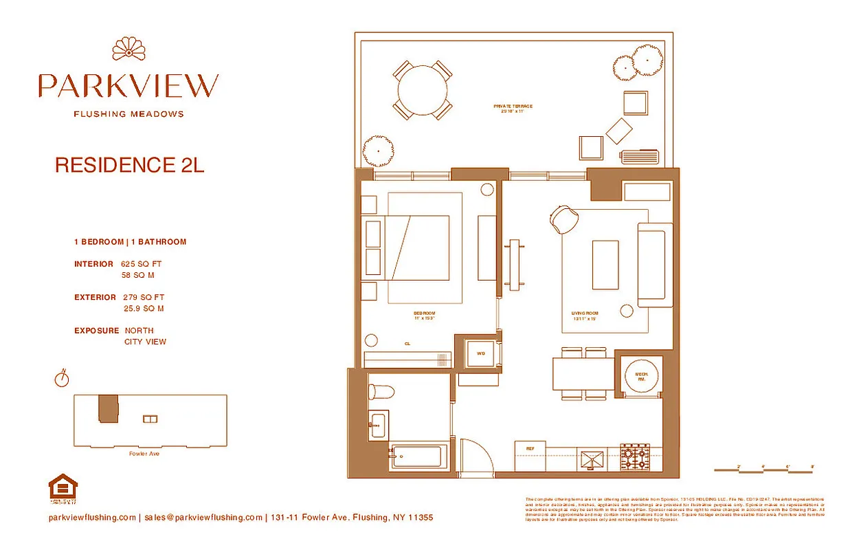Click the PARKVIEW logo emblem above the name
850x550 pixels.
pyautogui.click(x=128, y=49)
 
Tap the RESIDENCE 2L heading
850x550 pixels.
pyautogui.click(x=129, y=166)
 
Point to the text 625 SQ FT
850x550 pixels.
pyautogui.click(x=142, y=263)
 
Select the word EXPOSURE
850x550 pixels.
pyautogui.click(x=96, y=331)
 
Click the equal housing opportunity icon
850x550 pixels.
pyautogui.click(x=63, y=488)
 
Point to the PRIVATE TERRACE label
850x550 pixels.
pyautogui.click(x=513, y=107)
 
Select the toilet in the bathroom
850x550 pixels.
pyautogui.click(x=381, y=393)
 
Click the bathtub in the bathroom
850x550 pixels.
pyautogui.click(x=419, y=456)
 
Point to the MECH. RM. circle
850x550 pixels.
pyautogui.click(x=640, y=376)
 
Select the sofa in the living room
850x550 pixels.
pyautogui.click(x=655, y=265)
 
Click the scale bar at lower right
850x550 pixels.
pyautogui.click(x=764, y=470)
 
